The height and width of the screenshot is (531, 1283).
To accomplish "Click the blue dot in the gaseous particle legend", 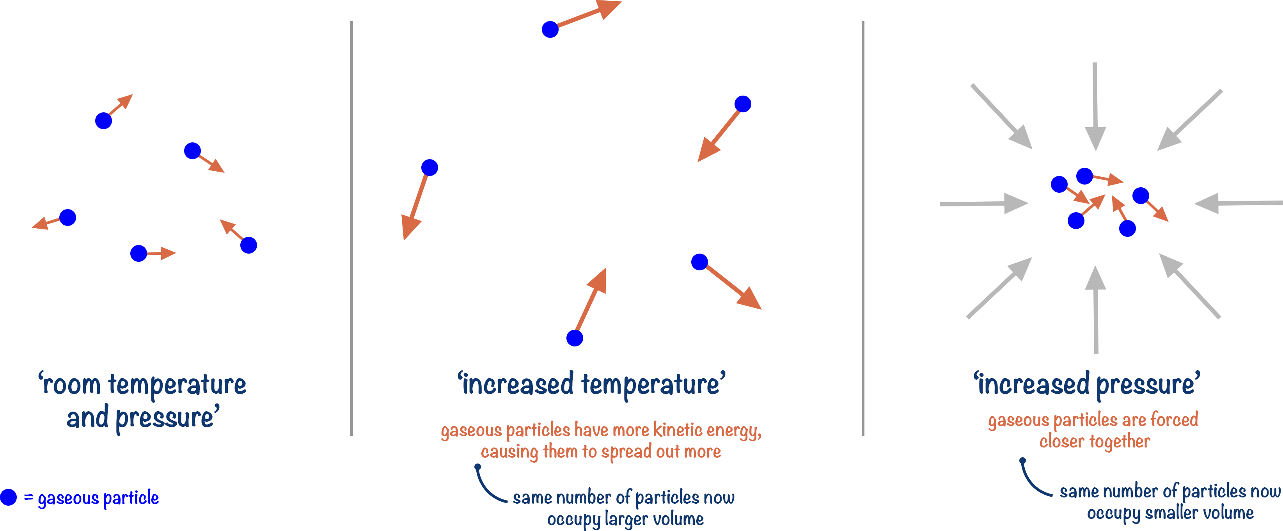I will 9,497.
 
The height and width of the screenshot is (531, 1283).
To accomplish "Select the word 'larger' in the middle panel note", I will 626,519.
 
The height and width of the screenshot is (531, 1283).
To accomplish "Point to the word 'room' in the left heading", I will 72,385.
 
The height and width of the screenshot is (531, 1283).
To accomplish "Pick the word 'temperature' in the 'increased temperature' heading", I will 653,385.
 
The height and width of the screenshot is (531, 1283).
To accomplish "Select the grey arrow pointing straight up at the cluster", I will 1096,309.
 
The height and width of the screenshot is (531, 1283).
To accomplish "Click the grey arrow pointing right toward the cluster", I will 984,203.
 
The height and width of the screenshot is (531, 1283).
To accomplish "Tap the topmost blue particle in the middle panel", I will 550,29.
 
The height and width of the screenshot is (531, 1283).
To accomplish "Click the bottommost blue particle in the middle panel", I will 575,338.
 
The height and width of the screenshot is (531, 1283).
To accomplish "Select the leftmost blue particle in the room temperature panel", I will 68,217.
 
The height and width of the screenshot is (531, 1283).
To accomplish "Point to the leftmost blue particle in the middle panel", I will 429,167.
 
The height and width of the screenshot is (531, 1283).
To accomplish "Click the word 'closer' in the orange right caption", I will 1061,441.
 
